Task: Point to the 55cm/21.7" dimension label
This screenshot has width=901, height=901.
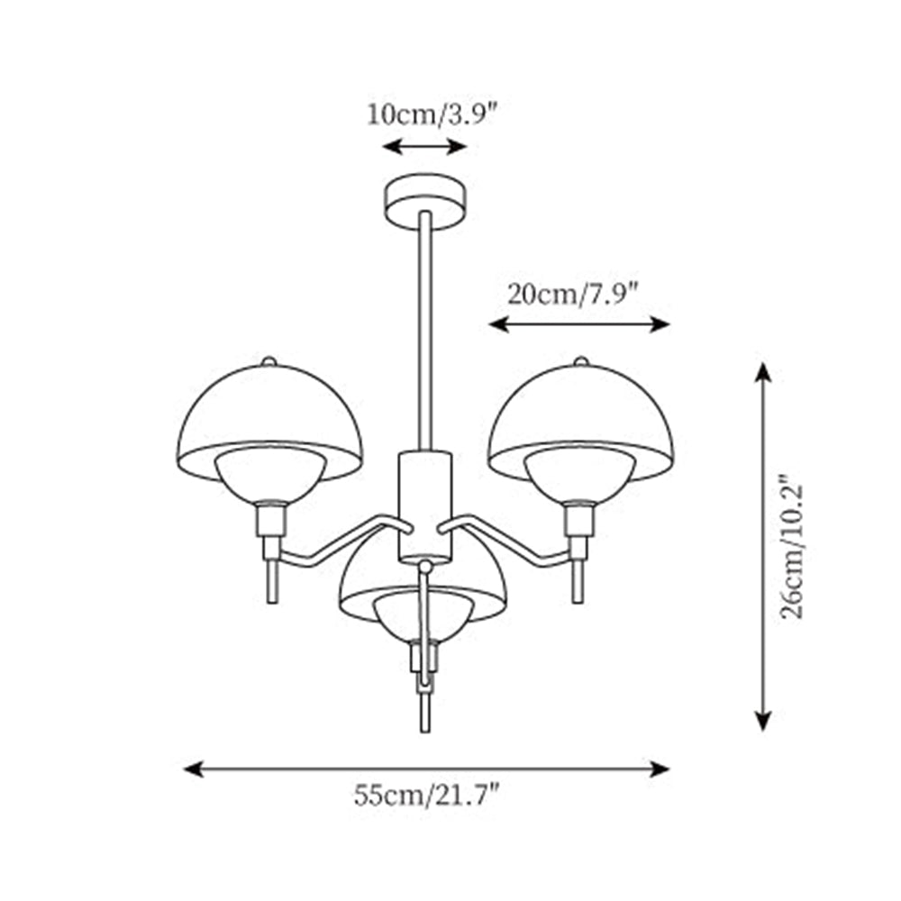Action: click(x=427, y=796)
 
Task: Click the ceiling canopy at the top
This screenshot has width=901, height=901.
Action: click(x=425, y=197)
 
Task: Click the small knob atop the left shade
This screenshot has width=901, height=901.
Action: click(x=268, y=360)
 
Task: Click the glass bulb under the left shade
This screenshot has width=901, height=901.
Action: click(x=268, y=476)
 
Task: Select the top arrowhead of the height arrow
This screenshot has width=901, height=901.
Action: click(x=763, y=371)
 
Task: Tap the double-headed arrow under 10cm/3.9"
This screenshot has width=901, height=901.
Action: click(x=424, y=146)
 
